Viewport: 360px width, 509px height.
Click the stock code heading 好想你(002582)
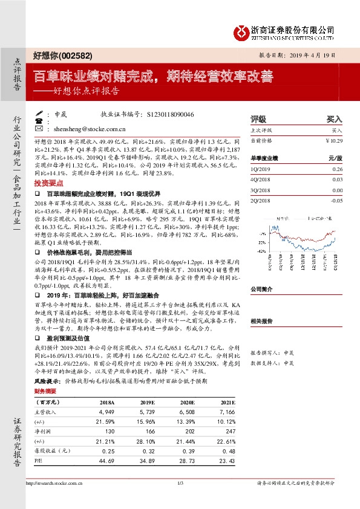point(62,56)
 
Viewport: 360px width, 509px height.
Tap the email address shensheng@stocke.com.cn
point(90,129)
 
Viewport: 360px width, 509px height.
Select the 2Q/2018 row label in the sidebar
point(260,200)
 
